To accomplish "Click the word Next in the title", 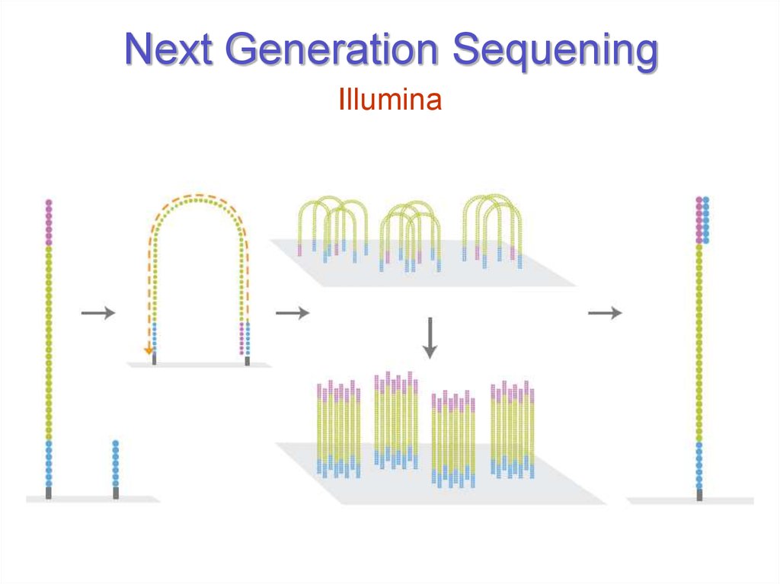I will tap(168, 51).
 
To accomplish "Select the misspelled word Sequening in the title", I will tap(555, 51).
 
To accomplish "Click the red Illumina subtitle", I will tap(390, 100).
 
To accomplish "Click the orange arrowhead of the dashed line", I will tap(149, 350).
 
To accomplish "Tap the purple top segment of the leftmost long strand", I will tap(50, 222).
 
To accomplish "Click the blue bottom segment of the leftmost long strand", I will tap(49, 464).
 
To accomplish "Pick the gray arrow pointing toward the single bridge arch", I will tap(97, 312).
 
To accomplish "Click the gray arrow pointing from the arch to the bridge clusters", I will tap(292, 312).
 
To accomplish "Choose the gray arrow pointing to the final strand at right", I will tap(605, 312).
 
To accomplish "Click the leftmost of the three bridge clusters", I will tap(332, 225).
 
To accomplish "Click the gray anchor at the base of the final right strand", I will tap(699, 495).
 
